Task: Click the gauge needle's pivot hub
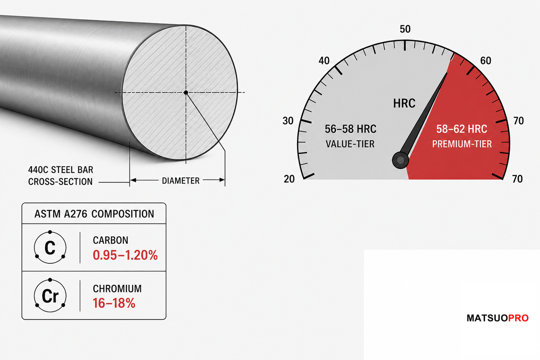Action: point(400,160)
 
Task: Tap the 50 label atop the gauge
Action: point(405,29)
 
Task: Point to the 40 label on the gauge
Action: point(324,61)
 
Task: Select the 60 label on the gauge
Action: point(486,61)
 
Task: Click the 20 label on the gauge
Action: point(289,179)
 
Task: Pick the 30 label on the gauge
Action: point(288,121)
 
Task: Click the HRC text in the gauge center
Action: point(404,103)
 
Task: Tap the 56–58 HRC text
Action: point(351,129)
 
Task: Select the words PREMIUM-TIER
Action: point(462,144)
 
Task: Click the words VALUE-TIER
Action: point(350,144)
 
